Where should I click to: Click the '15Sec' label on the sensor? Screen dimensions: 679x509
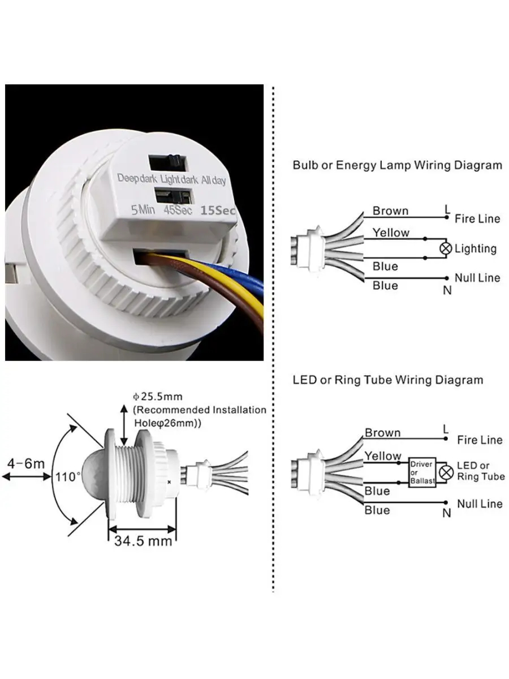217,210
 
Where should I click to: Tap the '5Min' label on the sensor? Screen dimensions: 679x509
143,210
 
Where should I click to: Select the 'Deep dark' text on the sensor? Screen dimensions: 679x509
137,178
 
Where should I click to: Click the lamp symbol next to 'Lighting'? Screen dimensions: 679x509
446,248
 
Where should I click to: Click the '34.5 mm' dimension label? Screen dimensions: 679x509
143,541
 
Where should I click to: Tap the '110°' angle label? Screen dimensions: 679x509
68,476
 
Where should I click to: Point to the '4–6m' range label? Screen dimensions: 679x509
26,464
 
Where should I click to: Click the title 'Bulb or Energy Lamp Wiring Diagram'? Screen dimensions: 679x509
397,165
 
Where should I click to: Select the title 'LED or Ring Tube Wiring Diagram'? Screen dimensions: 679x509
388,379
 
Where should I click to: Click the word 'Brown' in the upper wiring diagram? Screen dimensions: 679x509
390,211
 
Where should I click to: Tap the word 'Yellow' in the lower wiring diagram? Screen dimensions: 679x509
383,455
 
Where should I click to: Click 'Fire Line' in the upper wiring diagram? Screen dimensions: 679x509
477,218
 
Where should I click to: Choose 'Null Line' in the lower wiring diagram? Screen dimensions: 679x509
480,504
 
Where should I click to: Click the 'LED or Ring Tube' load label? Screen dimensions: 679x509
480,471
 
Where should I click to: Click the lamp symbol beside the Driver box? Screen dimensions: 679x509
447,471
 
